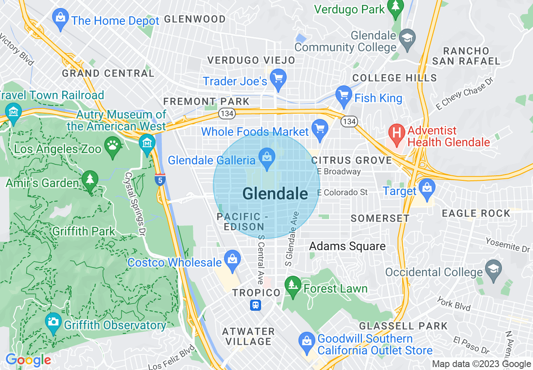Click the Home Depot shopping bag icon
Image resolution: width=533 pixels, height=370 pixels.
click(x=61, y=18)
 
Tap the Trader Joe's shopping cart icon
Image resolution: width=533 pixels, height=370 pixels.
click(x=278, y=78)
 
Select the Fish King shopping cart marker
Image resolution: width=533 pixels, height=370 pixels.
click(x=344, y=95)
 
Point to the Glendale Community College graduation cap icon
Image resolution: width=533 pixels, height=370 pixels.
click(x=407, y=38)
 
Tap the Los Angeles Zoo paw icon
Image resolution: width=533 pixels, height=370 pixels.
click(x=113, y=145)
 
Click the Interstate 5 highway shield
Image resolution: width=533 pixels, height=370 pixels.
click(x=160, y=180)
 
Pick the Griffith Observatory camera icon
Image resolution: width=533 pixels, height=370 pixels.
click(x=53, y=322)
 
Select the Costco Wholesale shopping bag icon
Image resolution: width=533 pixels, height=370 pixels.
click(x=232, y=259)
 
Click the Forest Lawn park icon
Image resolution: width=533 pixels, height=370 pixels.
click(x=293, y=285)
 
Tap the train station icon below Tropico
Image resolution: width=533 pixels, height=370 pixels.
click(x=256, y=305)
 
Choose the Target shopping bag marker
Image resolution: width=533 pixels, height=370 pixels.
click(x=427, y=188)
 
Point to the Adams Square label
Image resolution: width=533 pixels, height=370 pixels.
click(x=347, y=246)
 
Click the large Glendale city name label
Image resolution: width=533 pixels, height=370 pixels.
click(x=275, y=194)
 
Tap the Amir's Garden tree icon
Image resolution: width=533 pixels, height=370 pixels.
click(x=90, y=180)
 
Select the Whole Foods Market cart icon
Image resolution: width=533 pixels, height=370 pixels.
click(x=320, y=128)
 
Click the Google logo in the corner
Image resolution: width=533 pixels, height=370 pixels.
click(x=28, y=360)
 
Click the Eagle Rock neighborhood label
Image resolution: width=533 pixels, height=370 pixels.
click(x=476, y=214)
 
